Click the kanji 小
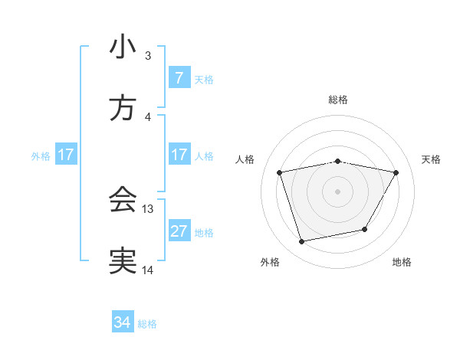tap(123, 47)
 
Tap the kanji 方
tap(123, 109)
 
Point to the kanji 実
tap(123, 261)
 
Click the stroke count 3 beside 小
tap(148, 55)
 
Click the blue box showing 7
tap(179, 77)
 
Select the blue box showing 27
tap(179, 231)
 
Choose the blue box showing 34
tap(123, 322)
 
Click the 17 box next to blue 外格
tap(66, 155)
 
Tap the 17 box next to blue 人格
tap(179, 155)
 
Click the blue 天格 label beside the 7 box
tap(204, 79)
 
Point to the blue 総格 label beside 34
tap(147, 324)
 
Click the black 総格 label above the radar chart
tap(338, 100)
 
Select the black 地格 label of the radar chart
tap(402, 262)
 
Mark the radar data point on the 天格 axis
tap(396, 172)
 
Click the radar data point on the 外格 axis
tap(302, 241)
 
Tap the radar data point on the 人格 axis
tap(280, 172)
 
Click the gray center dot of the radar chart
tap(338, 191)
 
